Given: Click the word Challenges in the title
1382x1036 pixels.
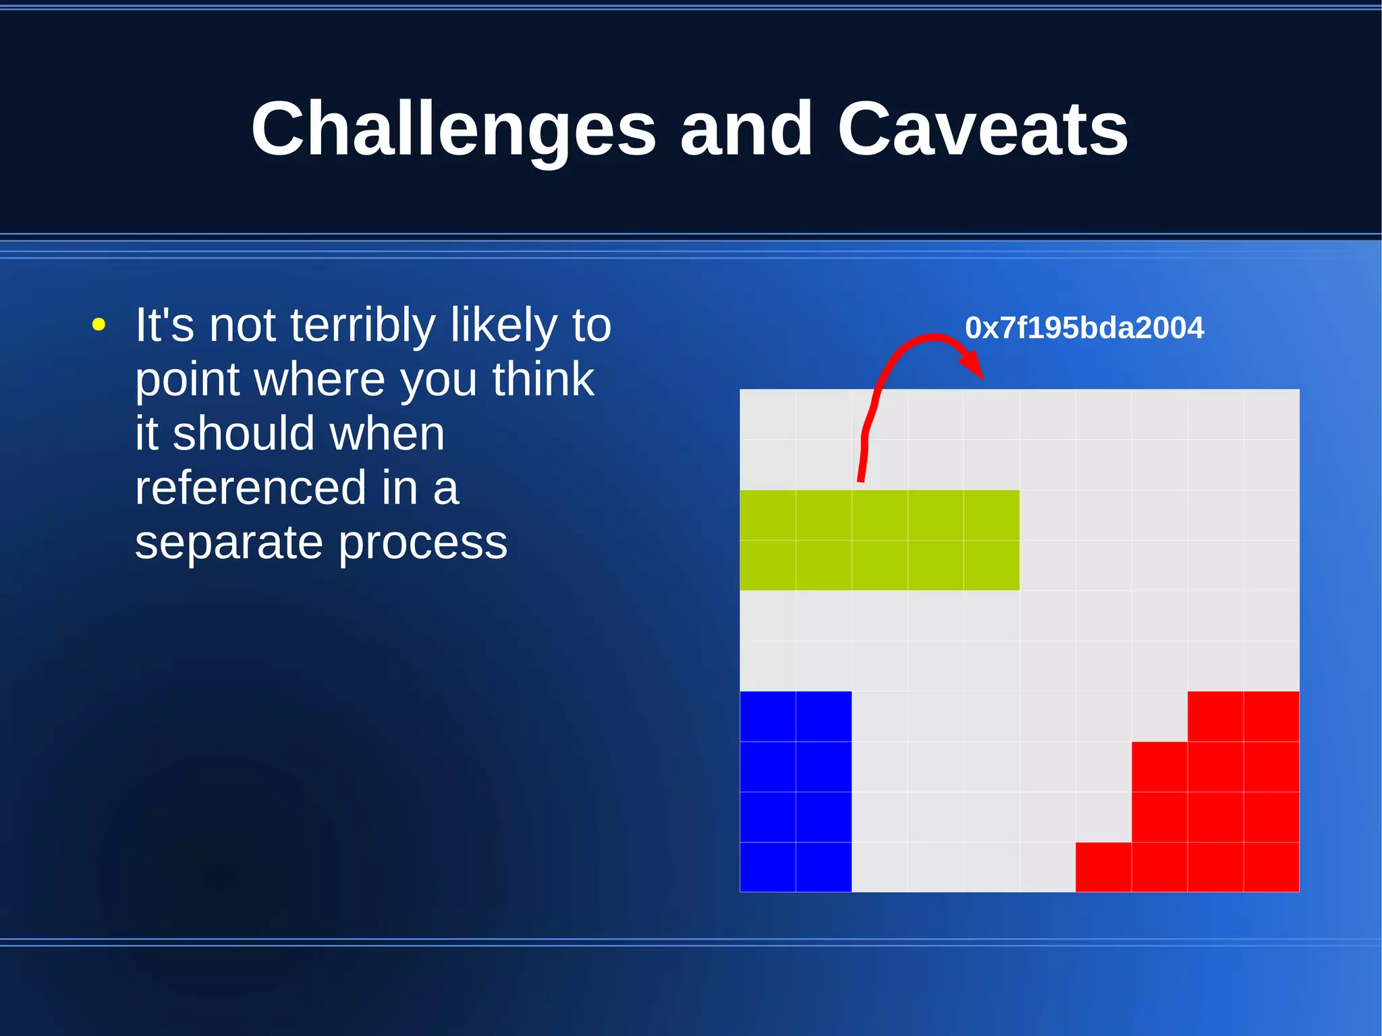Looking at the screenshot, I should (453, 128).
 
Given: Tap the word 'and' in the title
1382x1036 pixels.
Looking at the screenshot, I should (746, 128).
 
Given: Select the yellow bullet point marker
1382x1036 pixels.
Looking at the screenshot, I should (99, 325).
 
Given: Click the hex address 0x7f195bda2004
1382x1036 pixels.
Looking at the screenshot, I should (1084, 328).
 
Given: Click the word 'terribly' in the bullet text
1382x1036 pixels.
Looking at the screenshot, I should (362, 325).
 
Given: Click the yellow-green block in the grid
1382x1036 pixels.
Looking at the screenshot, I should (879, 540).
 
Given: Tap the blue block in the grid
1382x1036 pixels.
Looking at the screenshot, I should (796, 791).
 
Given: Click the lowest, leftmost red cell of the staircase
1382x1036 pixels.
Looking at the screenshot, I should (1103, 867).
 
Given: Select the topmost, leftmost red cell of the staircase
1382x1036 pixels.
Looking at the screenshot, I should (1215, 716).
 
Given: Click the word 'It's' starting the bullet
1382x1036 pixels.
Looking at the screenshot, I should (165, 325).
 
